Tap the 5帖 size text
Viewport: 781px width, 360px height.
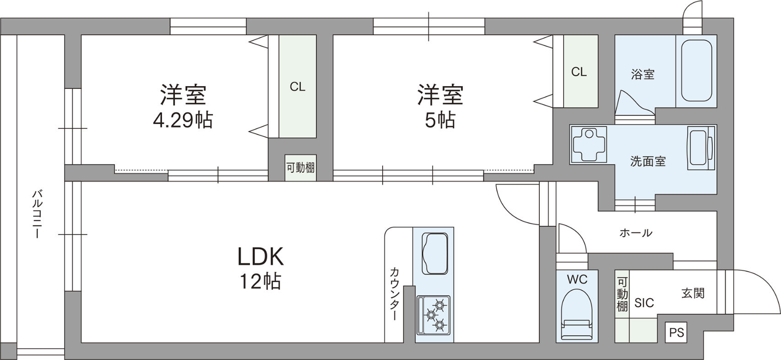tap(440, 121)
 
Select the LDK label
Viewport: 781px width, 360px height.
tap(260, 256)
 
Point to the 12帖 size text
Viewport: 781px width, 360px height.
tap(260, 281)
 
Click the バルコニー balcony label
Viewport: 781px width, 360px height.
tap(37, 214)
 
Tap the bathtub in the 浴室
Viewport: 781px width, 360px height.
tap(696, 71)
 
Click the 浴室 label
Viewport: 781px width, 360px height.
tap(643, 74)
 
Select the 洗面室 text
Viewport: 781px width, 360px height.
tap(648, 161)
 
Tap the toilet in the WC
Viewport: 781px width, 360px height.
tap(577, 316)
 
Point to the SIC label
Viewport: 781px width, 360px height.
tap(644, 303)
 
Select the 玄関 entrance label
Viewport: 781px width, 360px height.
tap(693, 294)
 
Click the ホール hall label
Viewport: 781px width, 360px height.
tap(635, 233)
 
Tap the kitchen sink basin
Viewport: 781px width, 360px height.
tap(435, 254)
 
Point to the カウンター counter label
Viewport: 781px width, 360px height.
tap(394, 294)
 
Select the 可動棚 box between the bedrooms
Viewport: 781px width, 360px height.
tap(301, 168)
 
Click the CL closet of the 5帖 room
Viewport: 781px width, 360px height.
tap(581, 71)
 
